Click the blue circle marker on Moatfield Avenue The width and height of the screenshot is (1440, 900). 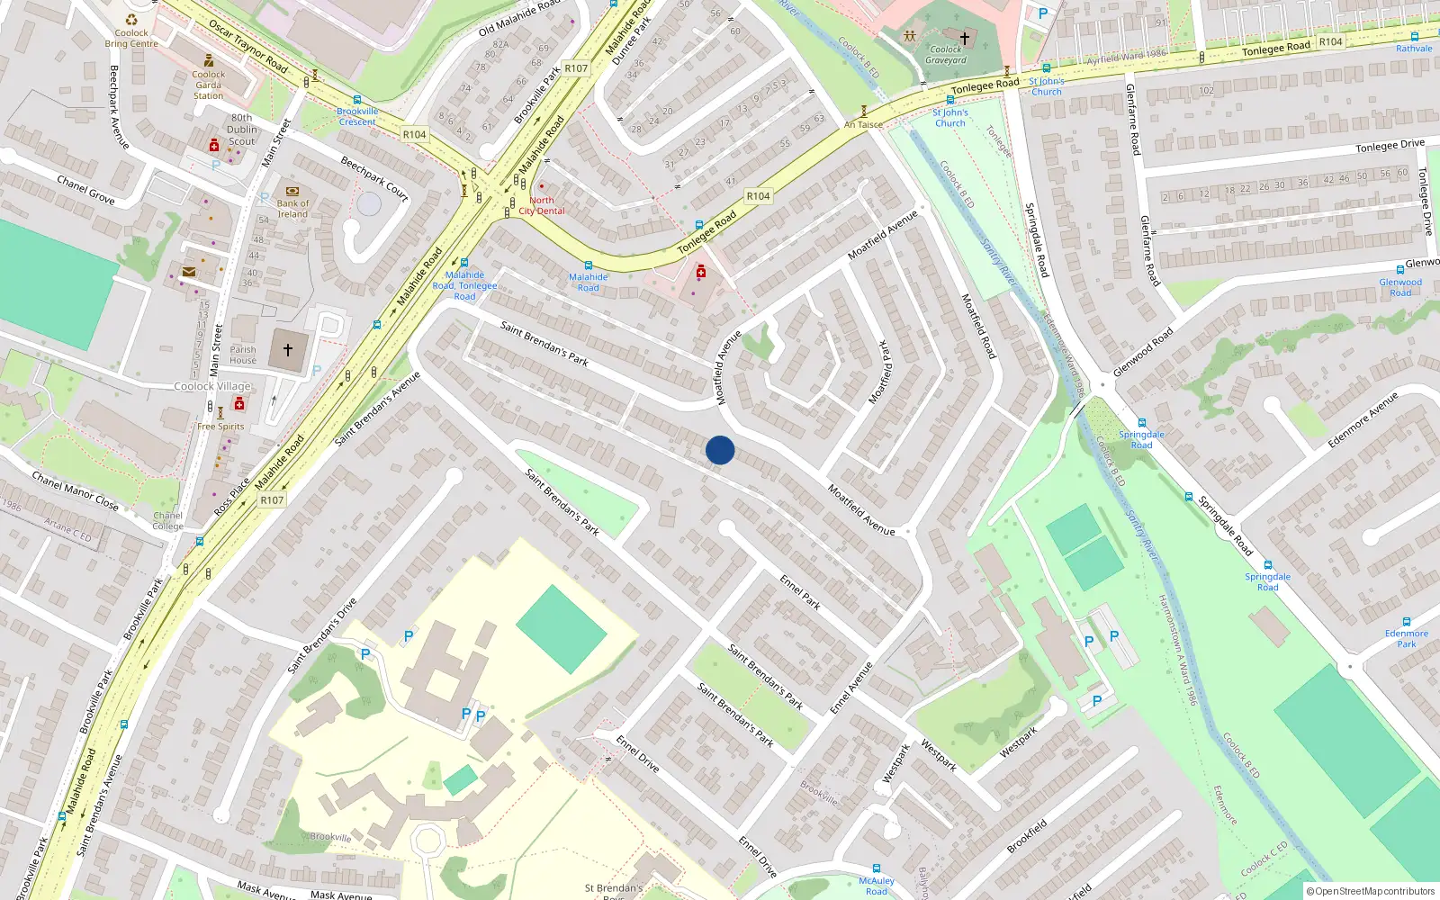tap(720, 450)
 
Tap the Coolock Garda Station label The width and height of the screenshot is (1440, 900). tap(208, 85)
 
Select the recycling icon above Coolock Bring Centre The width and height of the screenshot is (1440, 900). tap(131, 19)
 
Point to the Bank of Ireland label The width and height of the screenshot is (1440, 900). tap(292, 209)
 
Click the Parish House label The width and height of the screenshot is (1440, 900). tap(243, 355)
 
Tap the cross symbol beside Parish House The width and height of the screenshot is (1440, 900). tap(288, 349)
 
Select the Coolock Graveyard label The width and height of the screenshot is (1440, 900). tap(945, 55)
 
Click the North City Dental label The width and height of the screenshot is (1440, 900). tap(542, 206)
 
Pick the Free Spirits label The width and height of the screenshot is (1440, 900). tap(220, 427)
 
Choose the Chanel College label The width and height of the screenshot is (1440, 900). tap(167, 521)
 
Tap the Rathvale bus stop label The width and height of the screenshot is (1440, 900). tap(1414, 49)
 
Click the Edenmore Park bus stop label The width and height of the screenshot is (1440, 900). tap(1406, 638)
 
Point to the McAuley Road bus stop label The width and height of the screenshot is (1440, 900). tap(876, 886)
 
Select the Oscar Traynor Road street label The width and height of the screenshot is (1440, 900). tap(247, 46)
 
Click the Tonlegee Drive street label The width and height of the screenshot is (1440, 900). tap(1390, 146)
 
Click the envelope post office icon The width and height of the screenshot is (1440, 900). tap(189, 272)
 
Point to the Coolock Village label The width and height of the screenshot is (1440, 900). tap(212, 386)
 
